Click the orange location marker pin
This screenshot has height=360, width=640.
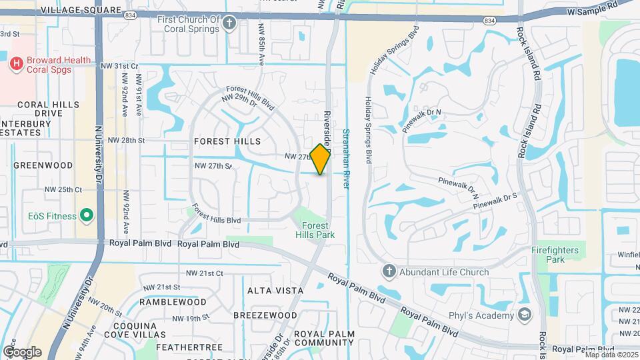point(321,159)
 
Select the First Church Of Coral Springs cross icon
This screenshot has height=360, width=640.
point(229,24)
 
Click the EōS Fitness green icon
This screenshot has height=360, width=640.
point(85,215)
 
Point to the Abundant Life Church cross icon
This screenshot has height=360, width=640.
point(389,271)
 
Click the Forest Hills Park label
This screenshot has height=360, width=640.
point(315,230)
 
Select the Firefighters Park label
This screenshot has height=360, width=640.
point(555,254)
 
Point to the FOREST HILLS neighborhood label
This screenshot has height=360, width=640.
point(227,141)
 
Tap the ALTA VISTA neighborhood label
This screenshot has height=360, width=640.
point(275,291)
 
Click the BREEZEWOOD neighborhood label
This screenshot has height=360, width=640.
point(265,315)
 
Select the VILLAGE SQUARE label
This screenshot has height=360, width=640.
point(81,11)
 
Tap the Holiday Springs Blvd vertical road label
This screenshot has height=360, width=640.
point(367,130)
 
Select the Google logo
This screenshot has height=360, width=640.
point(22,351)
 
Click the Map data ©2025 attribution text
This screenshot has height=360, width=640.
point(610,354)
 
